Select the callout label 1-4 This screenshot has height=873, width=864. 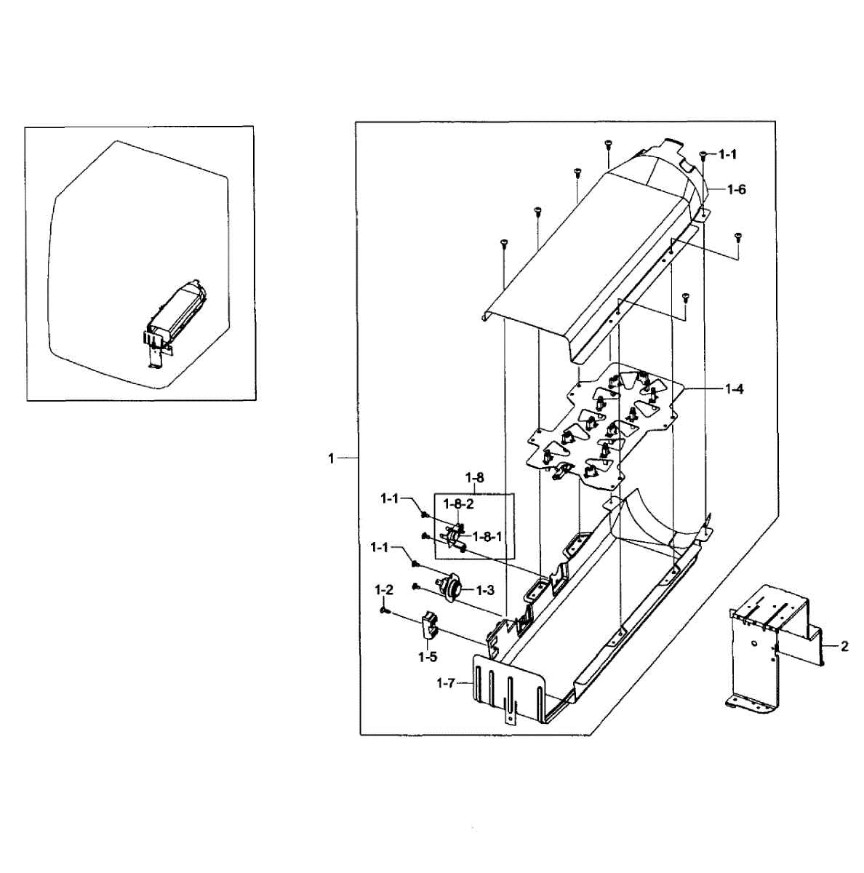[x=734, y=389]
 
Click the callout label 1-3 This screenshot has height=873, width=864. [x=485, y=589]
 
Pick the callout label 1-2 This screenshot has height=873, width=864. [x=384, y=589]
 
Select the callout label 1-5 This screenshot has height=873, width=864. [x=427, y=657]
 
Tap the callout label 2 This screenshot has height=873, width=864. [x=844, y=647]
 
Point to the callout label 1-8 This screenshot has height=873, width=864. [x=474, y=478]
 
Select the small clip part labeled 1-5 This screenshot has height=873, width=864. [x=429, y=627]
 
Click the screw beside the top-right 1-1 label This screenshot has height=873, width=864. [x=703, y=155]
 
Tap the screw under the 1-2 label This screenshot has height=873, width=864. [x=384, y=612]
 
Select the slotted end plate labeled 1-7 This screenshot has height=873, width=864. [x=509, y=687]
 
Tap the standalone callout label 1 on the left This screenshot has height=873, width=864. [x=331, y=458]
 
